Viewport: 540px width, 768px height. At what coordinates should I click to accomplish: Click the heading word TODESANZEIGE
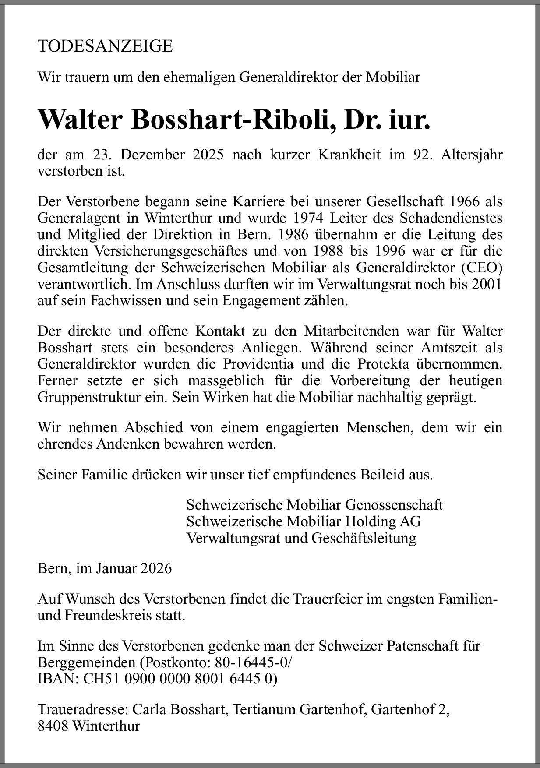click(x=105, y=46)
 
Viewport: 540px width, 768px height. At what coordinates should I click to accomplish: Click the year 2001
click(x=487, y=284)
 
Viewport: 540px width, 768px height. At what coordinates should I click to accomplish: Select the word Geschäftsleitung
click(x=364, y=538)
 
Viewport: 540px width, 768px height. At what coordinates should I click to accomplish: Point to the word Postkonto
click(x=178, y=662)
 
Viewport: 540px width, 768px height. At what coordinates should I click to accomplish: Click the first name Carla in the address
click(x=149, y=709)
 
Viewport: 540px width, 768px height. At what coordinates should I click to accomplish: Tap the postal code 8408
click(x=53, y=726)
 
